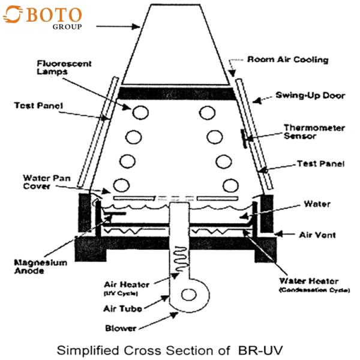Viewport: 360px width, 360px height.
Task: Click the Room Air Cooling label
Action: [x=287, y=59]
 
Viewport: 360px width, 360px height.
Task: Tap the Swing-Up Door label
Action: [x=310, y=95]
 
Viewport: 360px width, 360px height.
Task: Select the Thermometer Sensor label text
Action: [x=314, y=132]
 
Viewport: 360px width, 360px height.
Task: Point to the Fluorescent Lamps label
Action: [x=64, y=67]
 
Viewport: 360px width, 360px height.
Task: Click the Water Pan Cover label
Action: [x=47, y=182]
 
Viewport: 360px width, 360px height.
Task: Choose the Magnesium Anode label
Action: [x=41, y=266]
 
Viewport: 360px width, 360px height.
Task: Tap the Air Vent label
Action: [x=317, y=235]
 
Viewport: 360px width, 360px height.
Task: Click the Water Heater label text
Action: [x=308, y=281]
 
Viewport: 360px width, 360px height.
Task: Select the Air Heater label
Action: [x=127, y=284]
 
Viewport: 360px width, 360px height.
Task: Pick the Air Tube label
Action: [x=122, y=308]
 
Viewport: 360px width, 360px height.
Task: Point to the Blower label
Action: [x=121, y=328]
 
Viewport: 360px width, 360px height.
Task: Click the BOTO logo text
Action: [x=54, y=15]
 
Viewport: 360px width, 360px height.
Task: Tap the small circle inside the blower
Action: [x=189, y=295]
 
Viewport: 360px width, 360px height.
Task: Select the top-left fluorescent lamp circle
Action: [x=140, y=113]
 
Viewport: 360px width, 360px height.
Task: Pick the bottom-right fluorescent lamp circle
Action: [x=230, y=186]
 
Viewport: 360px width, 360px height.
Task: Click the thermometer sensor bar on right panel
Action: [x=244, y=139]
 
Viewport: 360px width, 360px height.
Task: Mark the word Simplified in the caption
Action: [x=88, y=350]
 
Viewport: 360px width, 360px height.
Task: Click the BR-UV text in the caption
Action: [x=260, y=350]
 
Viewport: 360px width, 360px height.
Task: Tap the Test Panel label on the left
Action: [x=38, y=106]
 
